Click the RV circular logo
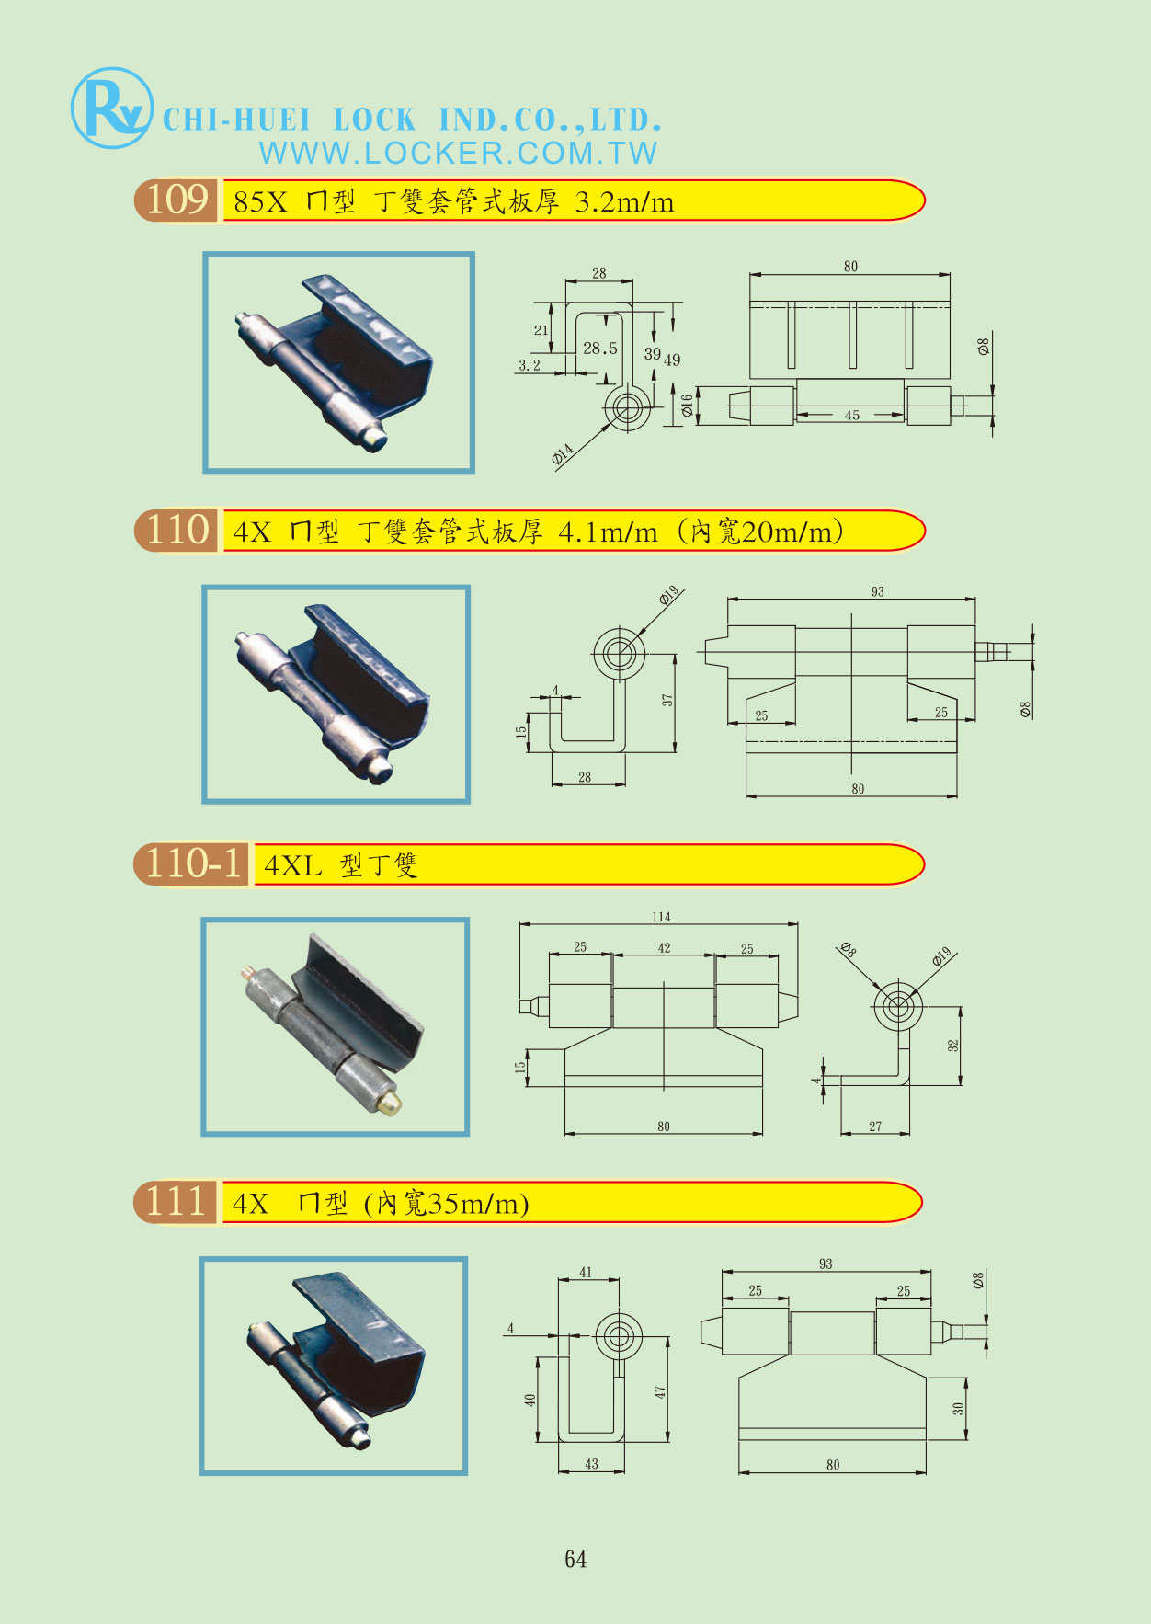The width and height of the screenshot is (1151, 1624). click(111, 109)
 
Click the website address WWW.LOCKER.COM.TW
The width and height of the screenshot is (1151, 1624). click(459, 153)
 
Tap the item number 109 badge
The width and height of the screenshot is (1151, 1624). click(177, 200)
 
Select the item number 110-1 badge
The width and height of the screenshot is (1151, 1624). click(192, 863)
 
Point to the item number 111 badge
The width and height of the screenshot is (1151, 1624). click(177, 1202)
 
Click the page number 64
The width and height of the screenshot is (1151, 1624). click(575, 1559)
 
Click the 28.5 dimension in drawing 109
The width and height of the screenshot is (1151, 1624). click(600, 349)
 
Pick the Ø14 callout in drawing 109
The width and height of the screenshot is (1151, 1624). click(563, 453)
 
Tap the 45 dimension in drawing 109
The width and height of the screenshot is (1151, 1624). click(852, 416)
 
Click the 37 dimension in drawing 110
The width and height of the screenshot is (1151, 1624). click(667, 701)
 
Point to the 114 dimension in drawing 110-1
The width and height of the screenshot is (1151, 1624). click(661, 917)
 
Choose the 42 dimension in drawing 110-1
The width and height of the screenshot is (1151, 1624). click(664, 948)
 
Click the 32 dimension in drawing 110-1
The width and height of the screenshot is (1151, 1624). click(953, 1046)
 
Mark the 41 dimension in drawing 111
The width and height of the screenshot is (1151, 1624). click(587, 1273)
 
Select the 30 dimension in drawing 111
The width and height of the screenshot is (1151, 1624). click(958, 1408)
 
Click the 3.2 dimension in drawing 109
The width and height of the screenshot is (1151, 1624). click(530, 365)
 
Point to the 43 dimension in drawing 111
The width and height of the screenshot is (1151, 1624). click(591, 1464)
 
